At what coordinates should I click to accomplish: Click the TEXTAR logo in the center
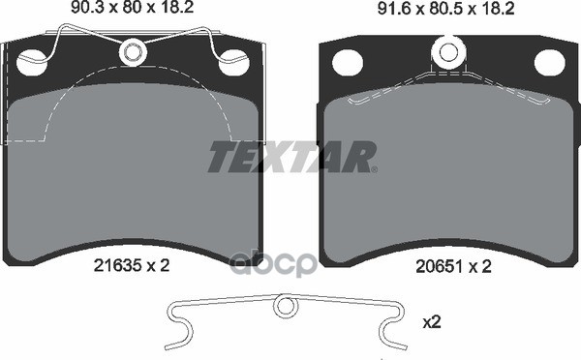(292, 157)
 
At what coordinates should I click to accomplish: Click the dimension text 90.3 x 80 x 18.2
(133, 7)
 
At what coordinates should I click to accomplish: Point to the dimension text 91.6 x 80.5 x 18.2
(445, 9)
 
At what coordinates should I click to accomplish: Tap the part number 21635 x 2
(132, 265)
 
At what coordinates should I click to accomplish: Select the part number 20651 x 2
(453, 266)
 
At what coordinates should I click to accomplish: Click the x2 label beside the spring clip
(432, 322)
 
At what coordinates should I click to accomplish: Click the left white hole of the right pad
(348, 63)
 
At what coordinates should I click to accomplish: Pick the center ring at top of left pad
(133, 52)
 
